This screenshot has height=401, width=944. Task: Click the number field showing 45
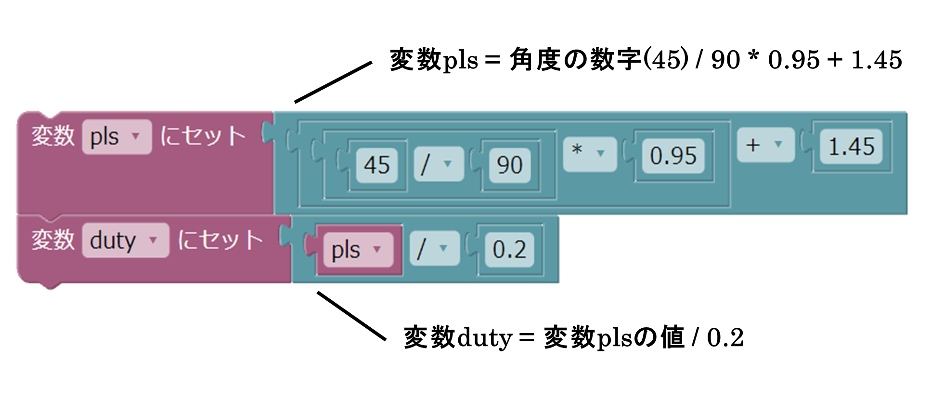click(376, 165)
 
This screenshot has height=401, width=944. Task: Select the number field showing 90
click(509, 165)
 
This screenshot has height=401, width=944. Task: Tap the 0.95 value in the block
click(672, 156)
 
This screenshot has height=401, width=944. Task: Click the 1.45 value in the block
click(851, 146)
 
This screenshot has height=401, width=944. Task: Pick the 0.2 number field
click(509, 249)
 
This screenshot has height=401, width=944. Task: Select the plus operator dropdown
click(765, 145)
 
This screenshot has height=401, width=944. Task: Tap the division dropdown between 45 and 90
click(438, 164)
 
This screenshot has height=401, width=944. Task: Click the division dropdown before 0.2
click(434, 248)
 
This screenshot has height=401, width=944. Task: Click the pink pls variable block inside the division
click(358, 250)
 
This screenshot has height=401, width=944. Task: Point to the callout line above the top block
click(333, 82)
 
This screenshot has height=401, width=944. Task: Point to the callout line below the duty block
click(351, 316)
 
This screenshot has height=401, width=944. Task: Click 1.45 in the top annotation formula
click(876, 60)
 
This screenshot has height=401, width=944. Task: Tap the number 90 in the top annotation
click(725, 60)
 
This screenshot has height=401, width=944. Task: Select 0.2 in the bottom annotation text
click(725, 338)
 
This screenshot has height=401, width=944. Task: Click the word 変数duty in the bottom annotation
click(457, 338)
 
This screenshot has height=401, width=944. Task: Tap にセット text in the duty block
click(220, 240)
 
